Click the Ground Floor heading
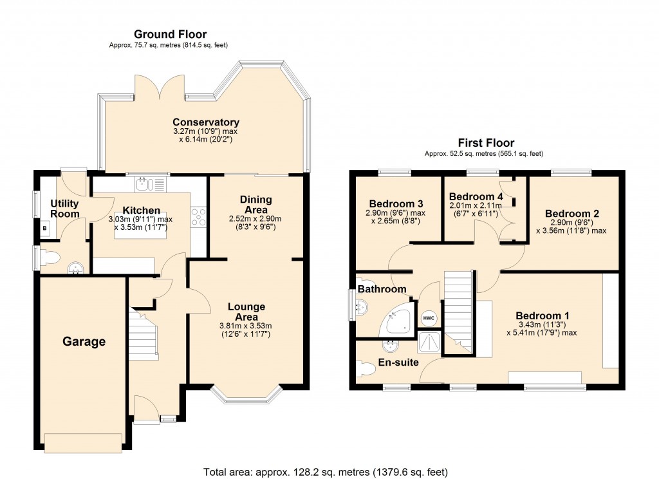[170, 34]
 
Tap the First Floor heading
[486, 143]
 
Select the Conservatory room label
[205, 122]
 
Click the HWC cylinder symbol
[429, 318]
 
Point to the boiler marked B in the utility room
[44, 227]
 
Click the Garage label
[84, 341]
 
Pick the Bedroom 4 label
[476, 196]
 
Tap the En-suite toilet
[366, 368]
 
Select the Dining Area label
[256, 205]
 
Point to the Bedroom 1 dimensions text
[542, 328]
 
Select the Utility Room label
[65, 209]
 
